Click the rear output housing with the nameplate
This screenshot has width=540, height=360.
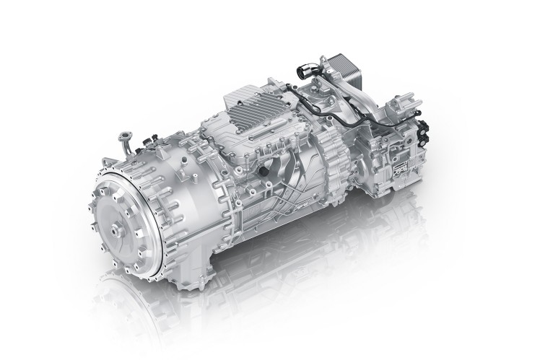pos(393,162)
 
